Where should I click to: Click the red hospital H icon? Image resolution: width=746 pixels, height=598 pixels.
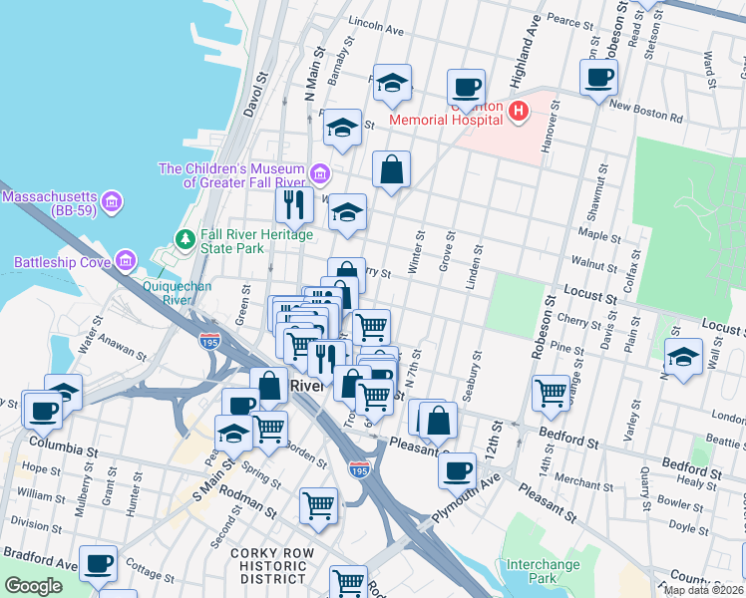point(518,110)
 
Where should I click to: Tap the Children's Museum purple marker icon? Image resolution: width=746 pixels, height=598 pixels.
point(320,175)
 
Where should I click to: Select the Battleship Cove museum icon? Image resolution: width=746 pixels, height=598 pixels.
point(126,262)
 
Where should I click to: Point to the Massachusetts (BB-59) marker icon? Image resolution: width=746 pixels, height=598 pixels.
point(113,202)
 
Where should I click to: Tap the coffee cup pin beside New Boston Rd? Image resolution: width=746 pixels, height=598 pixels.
point(598,78)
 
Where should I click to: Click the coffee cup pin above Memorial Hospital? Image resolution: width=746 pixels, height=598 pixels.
point(466,88)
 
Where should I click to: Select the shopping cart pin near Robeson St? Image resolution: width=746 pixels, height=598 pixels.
point(551,394)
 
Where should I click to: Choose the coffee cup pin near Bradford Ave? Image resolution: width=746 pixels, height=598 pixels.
point(98,564)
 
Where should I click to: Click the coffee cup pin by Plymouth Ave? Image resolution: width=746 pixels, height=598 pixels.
point(458,469)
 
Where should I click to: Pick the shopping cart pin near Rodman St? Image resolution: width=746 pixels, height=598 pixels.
point(318,504)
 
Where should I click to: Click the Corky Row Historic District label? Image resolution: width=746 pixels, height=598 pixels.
point(267,565)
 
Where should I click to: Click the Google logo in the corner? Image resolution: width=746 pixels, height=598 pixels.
point(34,586)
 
